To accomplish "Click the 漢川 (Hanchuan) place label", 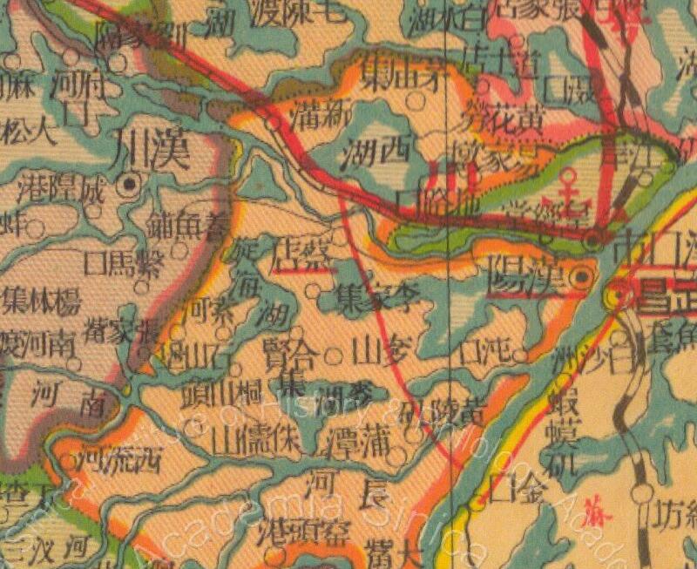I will click(x=152, y=150).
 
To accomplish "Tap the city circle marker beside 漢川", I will click(x=131, y=183).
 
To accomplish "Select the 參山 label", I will click(x=375, y=351).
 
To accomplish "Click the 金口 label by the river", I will click(x=518, y=489).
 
